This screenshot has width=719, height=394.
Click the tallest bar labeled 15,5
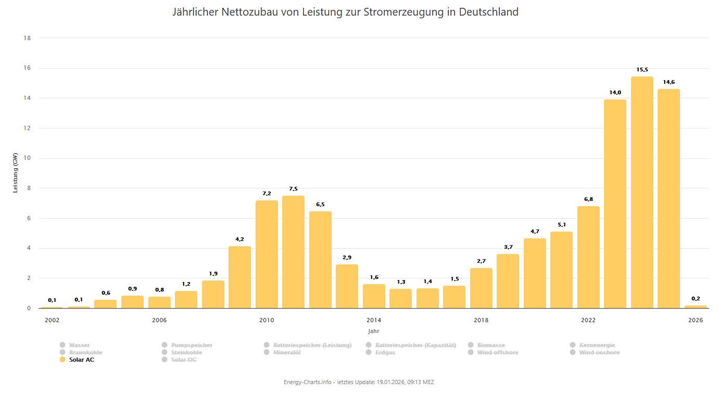[x=642, y=193]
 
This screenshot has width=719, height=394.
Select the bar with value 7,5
[x=294, y=252]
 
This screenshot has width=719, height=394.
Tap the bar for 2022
[x=588, y=257]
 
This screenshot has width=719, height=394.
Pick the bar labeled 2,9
[x=347, y=286]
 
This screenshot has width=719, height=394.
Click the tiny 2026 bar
[x=696, y=307]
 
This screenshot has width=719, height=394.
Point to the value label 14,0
[x=615, y=93]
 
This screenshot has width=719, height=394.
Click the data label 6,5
[x=320, y=205]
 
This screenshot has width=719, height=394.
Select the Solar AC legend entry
[x=82, y=360]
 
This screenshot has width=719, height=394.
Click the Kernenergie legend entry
[x=598, y=345]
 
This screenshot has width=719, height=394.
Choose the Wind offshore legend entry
[x=497, y=352]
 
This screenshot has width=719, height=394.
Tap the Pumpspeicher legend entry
[x=192, y=345]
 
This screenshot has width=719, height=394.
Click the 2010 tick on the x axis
[x=267, y=320]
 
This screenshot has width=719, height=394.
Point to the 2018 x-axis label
[x=481, y=320]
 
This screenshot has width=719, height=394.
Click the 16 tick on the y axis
[x=27, y=68]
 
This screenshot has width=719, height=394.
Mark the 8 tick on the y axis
[x=29, y=188]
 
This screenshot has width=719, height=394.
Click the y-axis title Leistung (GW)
[x=15, y=173]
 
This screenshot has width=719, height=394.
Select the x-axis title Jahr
[x=373, y=331]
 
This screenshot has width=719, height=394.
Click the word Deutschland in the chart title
[x=488, y=12]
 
